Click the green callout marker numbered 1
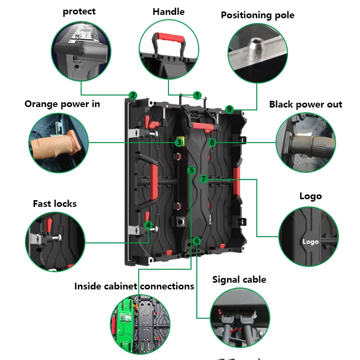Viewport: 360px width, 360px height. [197, 95]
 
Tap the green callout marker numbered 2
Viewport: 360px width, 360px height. [133, 95]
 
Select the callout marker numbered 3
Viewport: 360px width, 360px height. [179, 142]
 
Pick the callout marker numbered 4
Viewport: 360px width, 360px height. [149, 225]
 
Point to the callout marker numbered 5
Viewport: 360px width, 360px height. [191, 170]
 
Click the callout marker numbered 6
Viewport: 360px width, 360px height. [196, 240]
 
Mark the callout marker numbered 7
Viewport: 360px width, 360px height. [204, 179]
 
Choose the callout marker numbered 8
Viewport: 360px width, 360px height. [212, 142]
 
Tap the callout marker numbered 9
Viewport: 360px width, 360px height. [229, 109]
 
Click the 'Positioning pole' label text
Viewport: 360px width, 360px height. [257, 15]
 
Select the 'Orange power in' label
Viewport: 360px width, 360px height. [62, 104]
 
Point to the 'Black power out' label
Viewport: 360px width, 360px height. [305, 104]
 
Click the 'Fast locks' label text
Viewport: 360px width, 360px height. [55, 204]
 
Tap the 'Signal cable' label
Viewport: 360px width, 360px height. [239, 279]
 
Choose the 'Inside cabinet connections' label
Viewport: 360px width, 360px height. [134, 286]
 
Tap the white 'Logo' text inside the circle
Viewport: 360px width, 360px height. [311, 241]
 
